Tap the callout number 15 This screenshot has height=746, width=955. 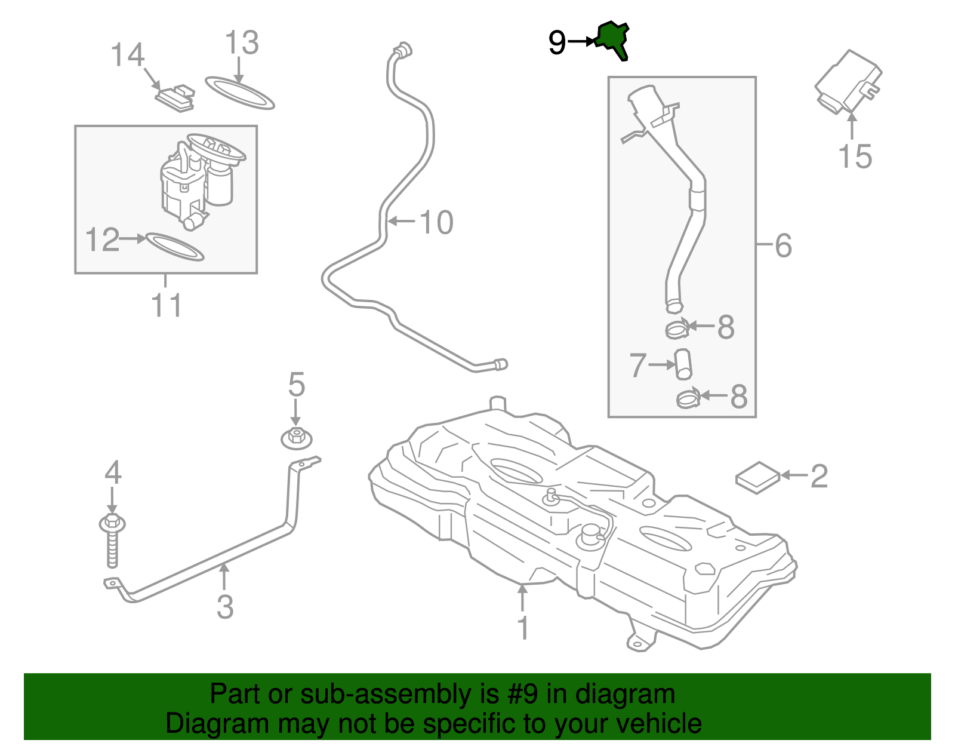click(855, 156)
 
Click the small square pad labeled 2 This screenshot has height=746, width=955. click(757, 477)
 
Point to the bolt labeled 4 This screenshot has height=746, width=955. click(112, 541)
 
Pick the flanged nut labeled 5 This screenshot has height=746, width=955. click(296, 438)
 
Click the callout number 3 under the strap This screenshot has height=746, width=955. click(224, 606)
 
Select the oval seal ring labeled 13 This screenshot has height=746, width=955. click(240, 93)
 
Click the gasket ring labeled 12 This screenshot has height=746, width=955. click(175, 247)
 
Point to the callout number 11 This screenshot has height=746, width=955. click(166, 305)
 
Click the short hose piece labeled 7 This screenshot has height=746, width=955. click(683, 364)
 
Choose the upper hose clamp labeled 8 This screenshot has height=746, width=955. click(677, 328)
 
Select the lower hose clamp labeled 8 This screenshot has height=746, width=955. click(688, 398)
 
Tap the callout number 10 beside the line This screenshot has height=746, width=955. click(436, 223)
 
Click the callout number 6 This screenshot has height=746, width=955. click(783, 245)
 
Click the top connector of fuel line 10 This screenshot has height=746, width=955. click(403, 51)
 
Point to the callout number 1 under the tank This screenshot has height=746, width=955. click(523, 628)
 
